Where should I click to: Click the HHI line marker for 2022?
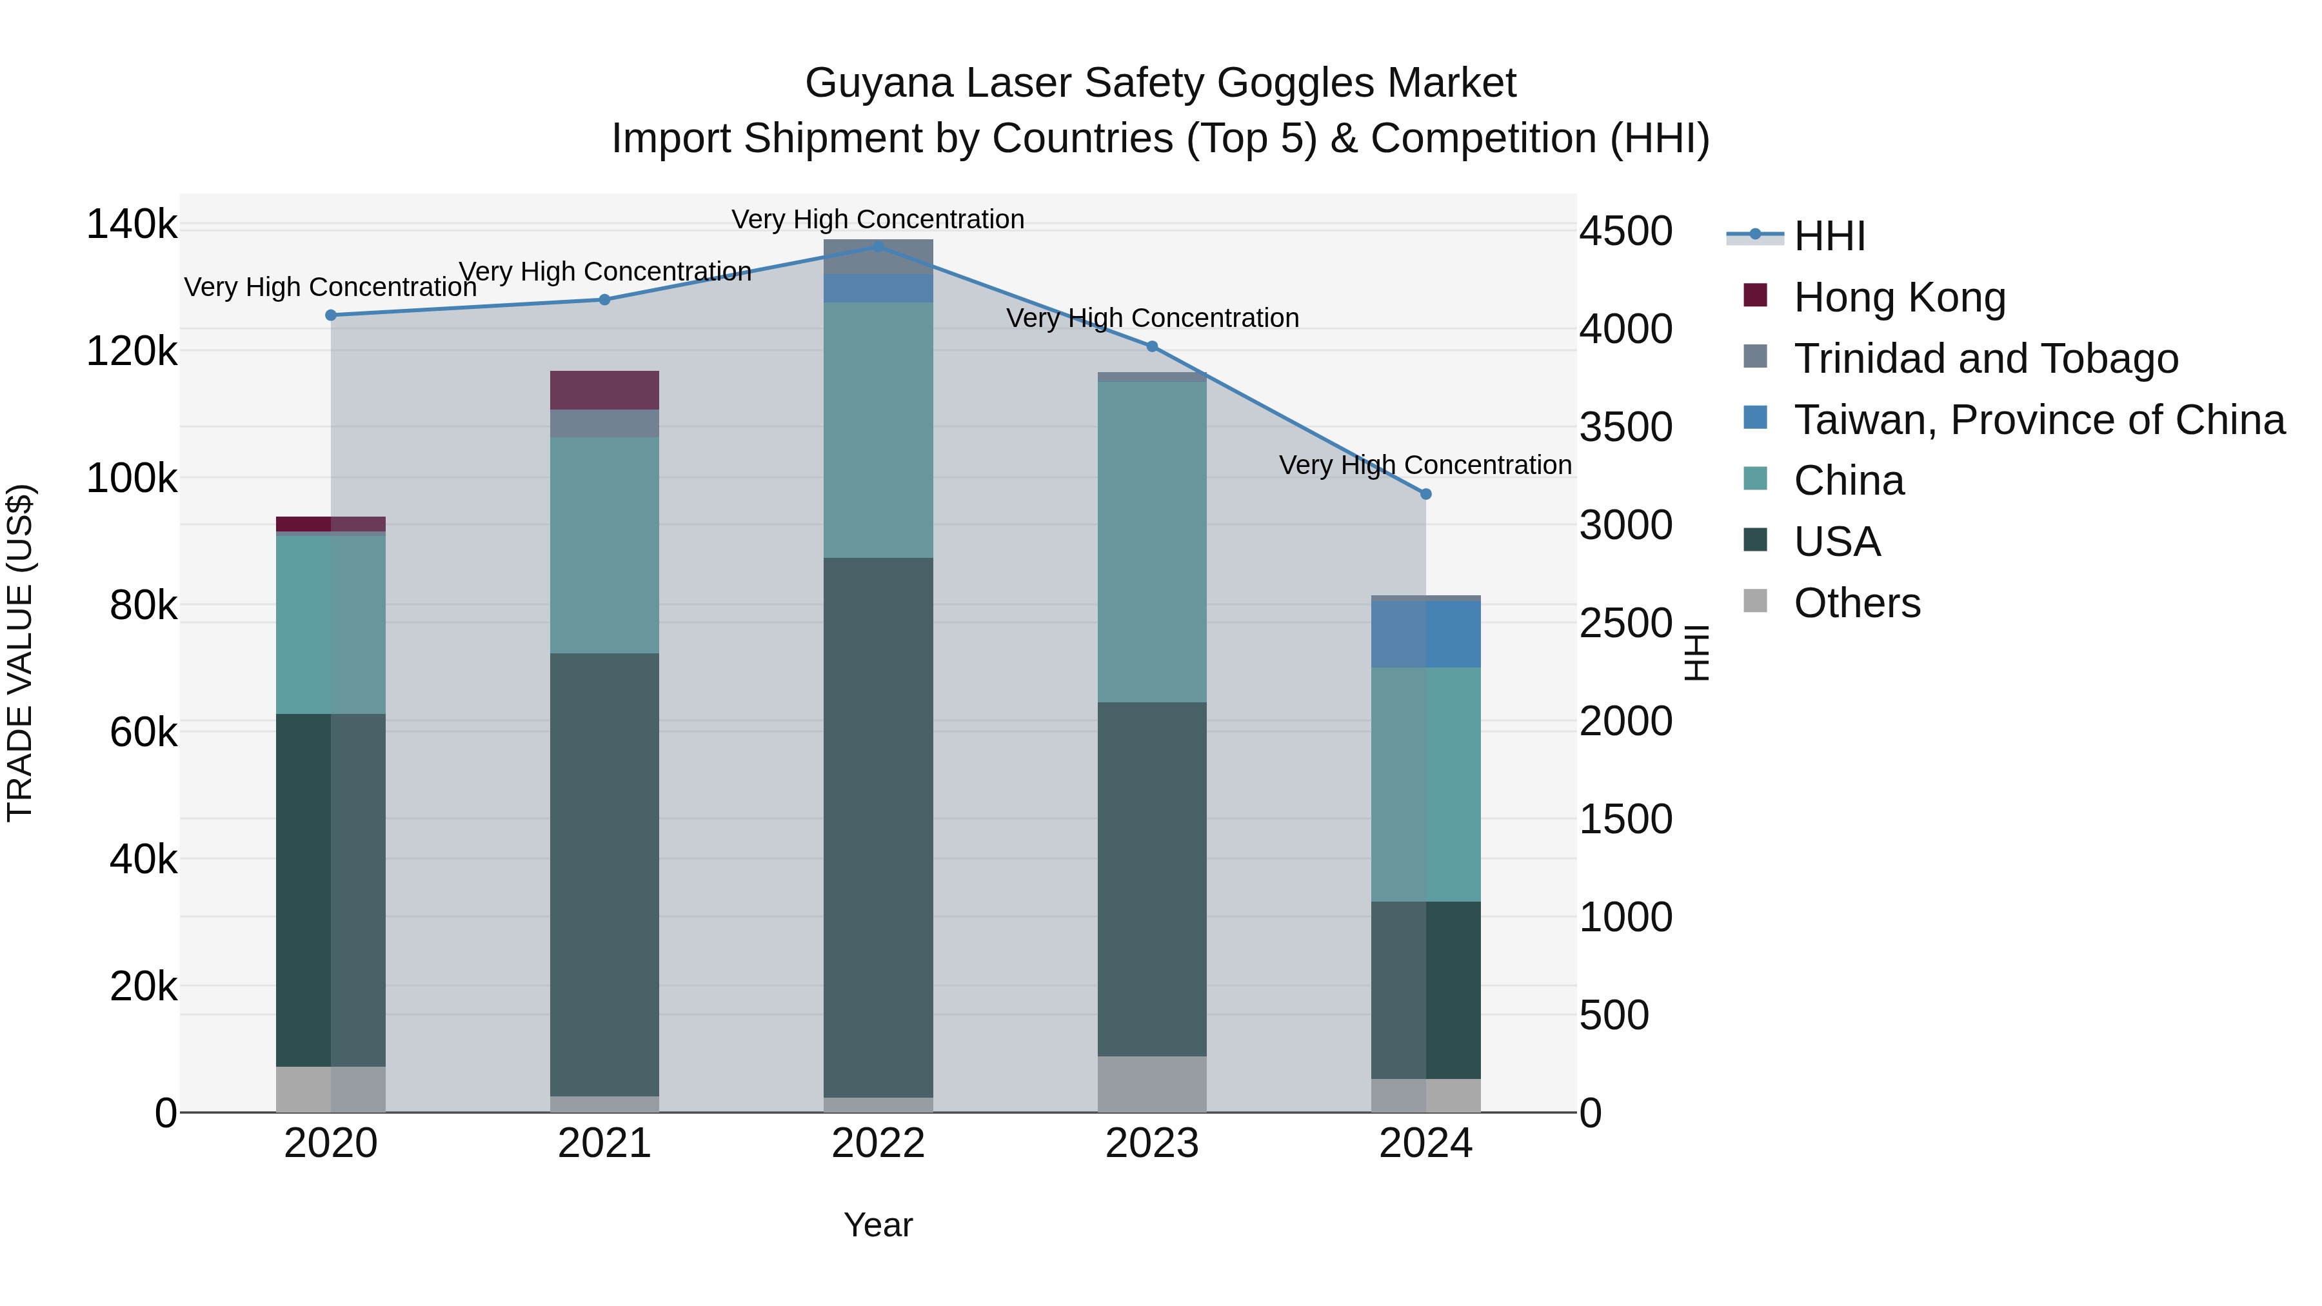(x=879, y=246)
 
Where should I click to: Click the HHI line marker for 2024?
(x=1425, y=494)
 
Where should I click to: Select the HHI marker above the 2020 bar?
(x=331, y=315)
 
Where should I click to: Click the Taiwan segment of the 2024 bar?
(x=1425, y=635)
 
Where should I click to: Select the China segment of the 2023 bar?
(x=1151, y=542)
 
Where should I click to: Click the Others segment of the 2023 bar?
(x=1151, y=1084)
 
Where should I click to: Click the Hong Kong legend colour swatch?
(x=1755, y=295)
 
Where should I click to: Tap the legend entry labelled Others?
(x=1857, y=603)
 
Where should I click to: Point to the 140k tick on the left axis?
(x=132, y=224)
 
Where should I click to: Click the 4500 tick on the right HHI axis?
(x=1626, y=232)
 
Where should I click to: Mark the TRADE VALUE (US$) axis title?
(x=20, y=653)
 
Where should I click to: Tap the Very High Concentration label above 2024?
(x=1424, y=465)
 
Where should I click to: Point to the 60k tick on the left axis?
(x=143, y=733)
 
